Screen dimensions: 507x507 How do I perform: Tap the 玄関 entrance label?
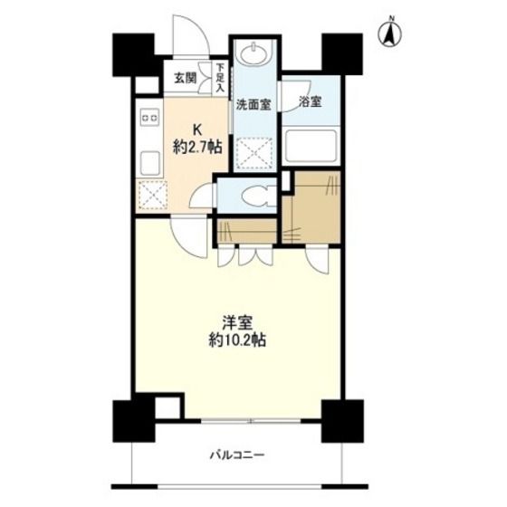[186, 78]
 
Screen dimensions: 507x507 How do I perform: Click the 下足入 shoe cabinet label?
[220, 78]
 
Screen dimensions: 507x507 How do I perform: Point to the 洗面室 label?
[253, 104]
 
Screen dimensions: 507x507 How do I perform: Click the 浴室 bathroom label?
[310, 102]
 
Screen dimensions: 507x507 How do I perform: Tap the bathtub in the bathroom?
[311, 146]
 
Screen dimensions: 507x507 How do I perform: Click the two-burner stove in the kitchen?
[149, 117]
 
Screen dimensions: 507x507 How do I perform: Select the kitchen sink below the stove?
[150, 164]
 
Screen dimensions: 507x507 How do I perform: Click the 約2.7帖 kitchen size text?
[197, 148]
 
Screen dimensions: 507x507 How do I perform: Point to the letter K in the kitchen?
[197, 130]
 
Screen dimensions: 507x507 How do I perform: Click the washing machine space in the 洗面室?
[253, 153]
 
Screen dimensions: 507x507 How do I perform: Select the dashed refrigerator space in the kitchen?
[153, 195]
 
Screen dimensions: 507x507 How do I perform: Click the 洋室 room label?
[237, 323]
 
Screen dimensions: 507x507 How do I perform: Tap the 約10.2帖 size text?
[237, 340]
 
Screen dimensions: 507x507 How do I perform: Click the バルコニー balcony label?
[237, 455]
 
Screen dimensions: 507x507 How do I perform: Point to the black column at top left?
[133, 54]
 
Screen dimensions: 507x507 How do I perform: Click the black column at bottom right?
[342, 421]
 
